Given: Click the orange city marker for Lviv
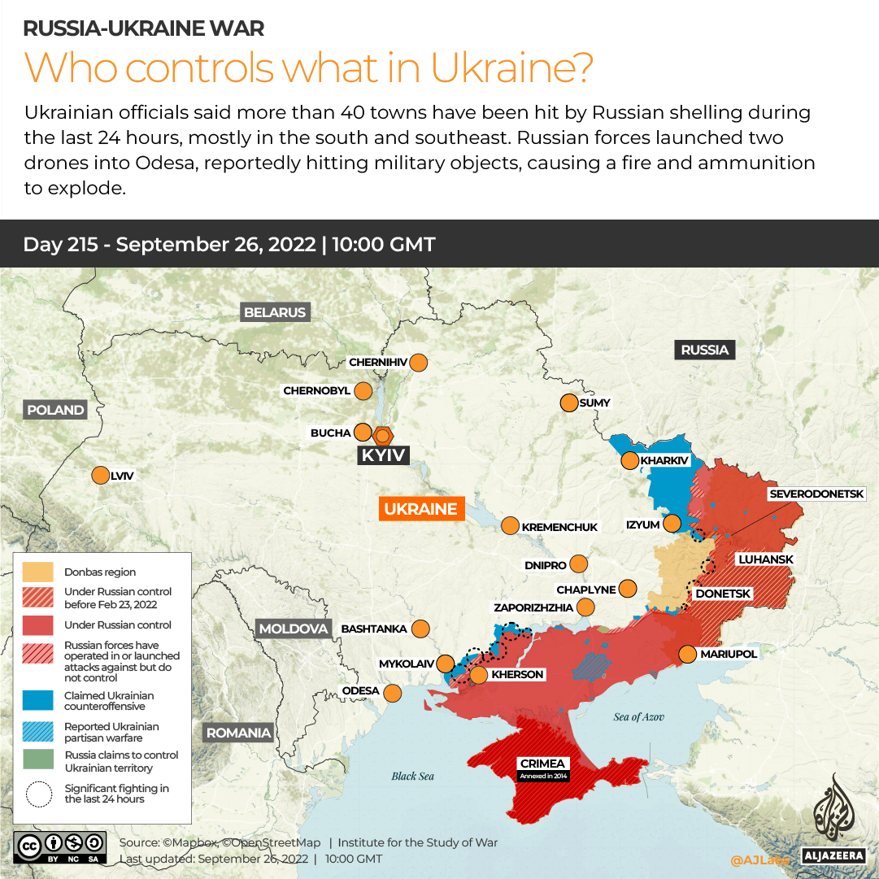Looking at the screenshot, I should [100, 476].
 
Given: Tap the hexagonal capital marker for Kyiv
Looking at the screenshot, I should [382, 435].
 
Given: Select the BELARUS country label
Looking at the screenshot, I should [275, 312].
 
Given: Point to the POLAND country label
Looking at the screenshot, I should [55, 410].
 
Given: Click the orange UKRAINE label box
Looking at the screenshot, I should [420, 509].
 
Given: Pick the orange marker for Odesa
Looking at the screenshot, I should [393, 693].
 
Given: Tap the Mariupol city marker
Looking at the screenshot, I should [688, 654].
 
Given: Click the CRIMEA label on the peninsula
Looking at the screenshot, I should [542, 764].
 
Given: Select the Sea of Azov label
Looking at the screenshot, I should [638, 716].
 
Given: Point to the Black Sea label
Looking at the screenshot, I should [412, 776].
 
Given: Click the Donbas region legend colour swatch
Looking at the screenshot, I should [38, 572].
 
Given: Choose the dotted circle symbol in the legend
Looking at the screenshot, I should [38, 794].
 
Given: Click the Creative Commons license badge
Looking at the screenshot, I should [59, 846].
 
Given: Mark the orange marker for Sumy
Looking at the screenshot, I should [568, 403].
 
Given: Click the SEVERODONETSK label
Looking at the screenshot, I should [823, 494].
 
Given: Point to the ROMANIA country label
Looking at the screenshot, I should [238, 733].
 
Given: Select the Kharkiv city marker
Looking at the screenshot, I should [629, 461].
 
